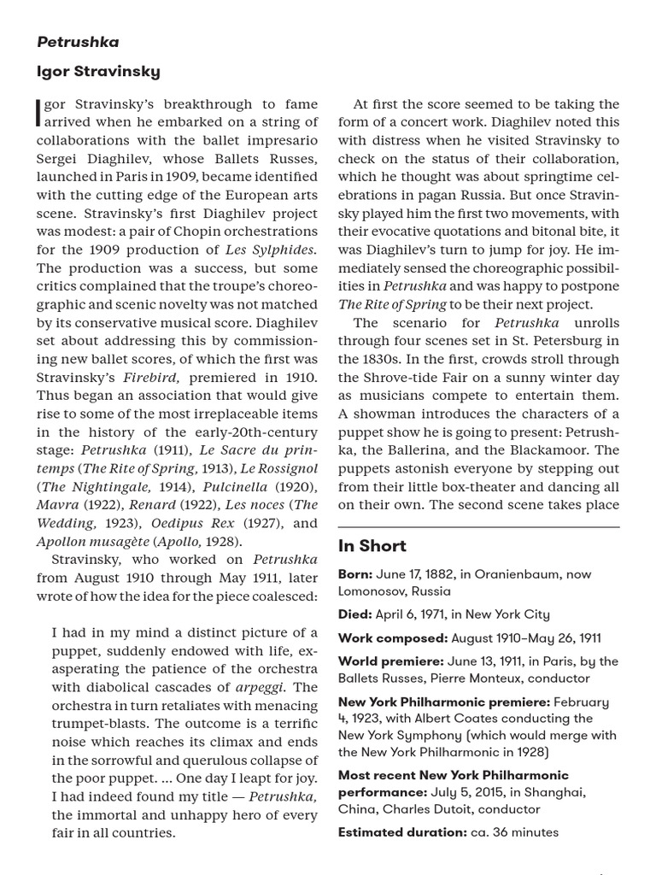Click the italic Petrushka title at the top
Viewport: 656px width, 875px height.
point(78,42)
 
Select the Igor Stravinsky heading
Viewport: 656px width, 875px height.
point(98,71)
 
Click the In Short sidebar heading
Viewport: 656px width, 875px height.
point(372,546)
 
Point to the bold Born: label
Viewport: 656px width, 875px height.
point(355,575)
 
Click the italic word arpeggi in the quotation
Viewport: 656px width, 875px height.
point(264,687)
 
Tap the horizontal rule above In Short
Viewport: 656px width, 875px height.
point(477,526)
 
